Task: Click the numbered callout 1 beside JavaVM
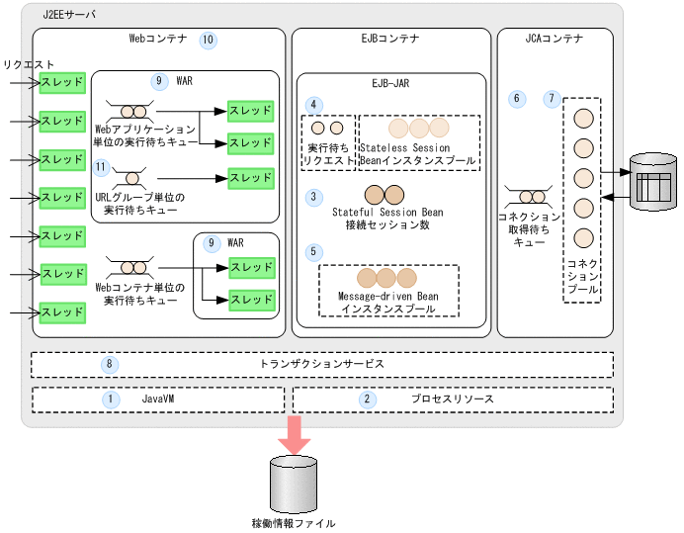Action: (112, 400)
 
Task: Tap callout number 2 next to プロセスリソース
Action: (368, 400)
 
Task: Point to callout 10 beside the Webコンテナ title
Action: (208, 41)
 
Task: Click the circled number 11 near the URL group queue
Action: (101, 168)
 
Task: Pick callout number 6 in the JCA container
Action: (515, 99)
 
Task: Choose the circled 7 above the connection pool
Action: (552, 99)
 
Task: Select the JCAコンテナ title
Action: (554, 40)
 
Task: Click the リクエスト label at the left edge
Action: (29, 64)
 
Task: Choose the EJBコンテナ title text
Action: (388, 40)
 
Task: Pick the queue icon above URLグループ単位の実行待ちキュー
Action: (131, 179)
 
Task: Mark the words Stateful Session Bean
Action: (387, 212)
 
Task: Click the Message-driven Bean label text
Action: (387, 296)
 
